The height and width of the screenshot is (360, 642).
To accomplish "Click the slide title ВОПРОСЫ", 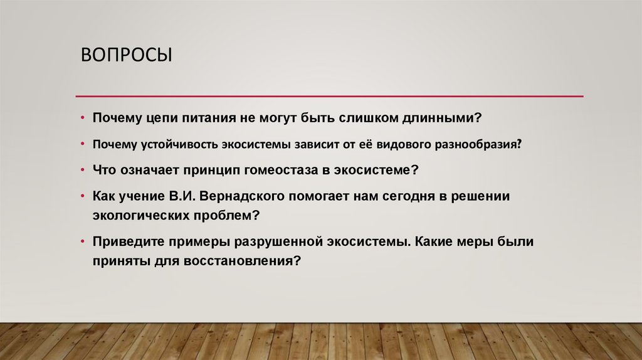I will [x=126, y=56].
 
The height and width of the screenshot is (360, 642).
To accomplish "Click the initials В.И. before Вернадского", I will [x=182, y=196].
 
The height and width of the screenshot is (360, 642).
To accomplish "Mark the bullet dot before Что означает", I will [x=83, y=170].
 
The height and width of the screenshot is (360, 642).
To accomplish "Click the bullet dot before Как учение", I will [x=83, y=196].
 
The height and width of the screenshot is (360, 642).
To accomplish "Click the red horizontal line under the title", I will [x=329, y=96].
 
